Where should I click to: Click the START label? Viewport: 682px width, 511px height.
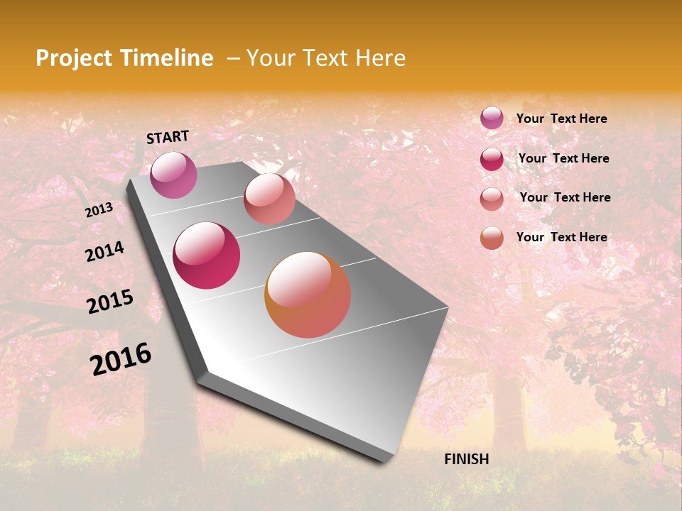click(x=168, y=137)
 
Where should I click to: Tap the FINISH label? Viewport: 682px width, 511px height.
click(x=466, y=459)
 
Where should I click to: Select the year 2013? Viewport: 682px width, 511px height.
click(x=99, y=210)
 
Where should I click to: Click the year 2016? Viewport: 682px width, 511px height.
click(x=121, y=359)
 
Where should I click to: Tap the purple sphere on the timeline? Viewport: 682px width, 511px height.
click(x=173, y=175)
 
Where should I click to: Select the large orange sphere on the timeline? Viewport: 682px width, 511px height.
click(x=308, y=295)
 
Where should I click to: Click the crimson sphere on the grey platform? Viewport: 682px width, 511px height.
click(x=207, y=255)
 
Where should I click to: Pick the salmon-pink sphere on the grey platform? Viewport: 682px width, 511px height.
click(x=269, y=199)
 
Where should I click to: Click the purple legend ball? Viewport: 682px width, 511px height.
click(x=492, y=118)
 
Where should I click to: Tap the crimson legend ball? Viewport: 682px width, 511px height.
click(x=492, y=159)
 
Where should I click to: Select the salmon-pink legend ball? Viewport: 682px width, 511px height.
click(x=492, y=199)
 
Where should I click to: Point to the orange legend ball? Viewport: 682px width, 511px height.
click(x=492, y=238)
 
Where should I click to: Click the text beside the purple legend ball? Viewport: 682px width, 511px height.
click(x=561, y=119)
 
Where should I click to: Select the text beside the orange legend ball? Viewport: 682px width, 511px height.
click(x=561, y=237)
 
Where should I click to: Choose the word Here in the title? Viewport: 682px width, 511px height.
click(x=380, y=58)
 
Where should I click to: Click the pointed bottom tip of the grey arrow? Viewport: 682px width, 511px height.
click(x=384, y=460)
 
